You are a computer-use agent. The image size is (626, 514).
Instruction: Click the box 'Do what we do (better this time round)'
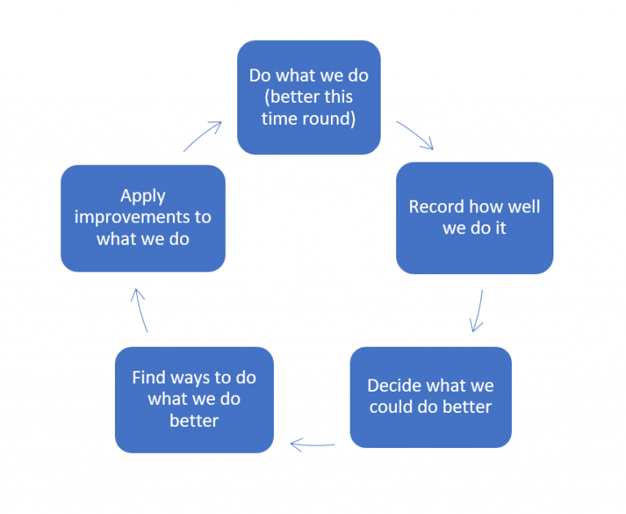(x=308, y=97)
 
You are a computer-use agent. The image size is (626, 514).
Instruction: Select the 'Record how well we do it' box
(x=474, y=218)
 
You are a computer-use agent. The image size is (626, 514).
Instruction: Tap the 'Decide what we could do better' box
(x=430, y=397)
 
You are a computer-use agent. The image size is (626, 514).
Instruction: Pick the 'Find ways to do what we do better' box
(x=194, y=400)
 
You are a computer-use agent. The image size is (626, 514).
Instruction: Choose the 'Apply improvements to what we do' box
(x=143, y=218)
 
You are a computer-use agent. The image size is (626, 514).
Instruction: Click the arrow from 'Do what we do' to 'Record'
(x=415, y=135)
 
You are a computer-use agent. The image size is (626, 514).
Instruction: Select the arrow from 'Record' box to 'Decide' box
(x=478, y=311)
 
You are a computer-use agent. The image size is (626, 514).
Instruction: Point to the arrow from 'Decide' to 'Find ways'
(x=312, y=445)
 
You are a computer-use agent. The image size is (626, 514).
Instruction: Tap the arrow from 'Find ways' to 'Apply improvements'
(x=141, y=309)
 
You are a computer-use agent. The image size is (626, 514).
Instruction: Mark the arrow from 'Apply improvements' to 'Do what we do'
(x=203, y=136)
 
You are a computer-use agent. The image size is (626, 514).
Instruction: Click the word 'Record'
(x=437, y=206)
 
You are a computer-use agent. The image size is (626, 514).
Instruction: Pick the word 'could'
(x=393, y=406)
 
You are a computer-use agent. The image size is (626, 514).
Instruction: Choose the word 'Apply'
(x=143, y=196)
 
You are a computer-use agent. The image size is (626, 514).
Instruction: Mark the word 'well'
(x=522, y=206)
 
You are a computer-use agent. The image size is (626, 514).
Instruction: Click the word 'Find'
(x=149, y=378)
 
